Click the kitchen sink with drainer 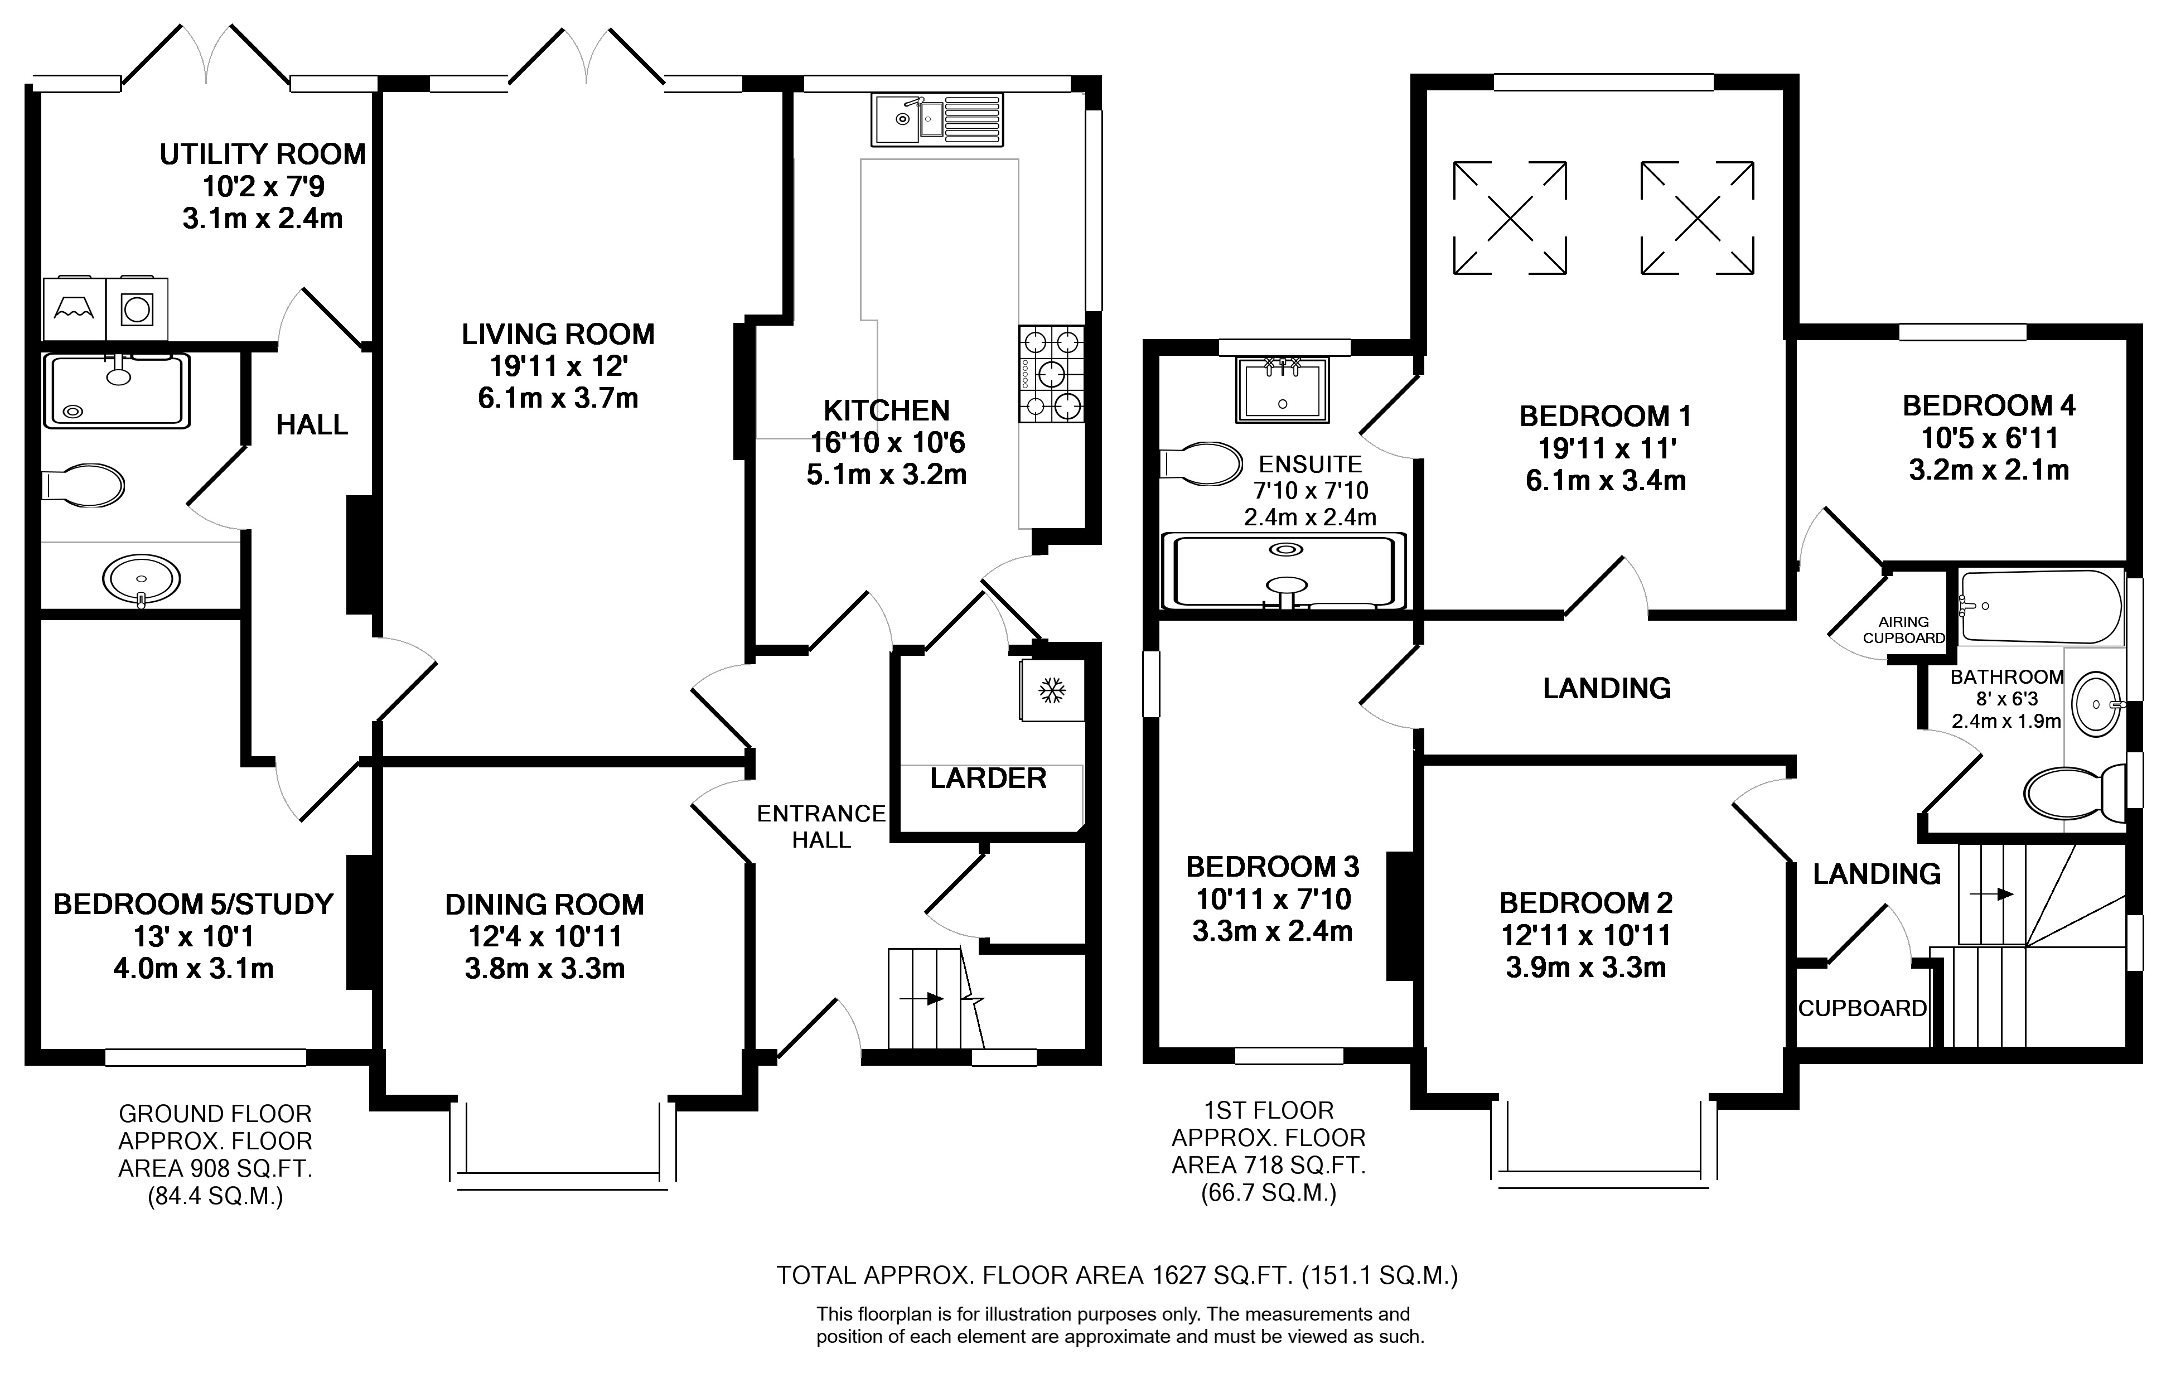(x=937, y=119)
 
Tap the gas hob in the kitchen (x=1051, y=374)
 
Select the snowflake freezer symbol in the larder (x=1051, y=690)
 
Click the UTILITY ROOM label (x=262, y=154)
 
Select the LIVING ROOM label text (x=558, y=335)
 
